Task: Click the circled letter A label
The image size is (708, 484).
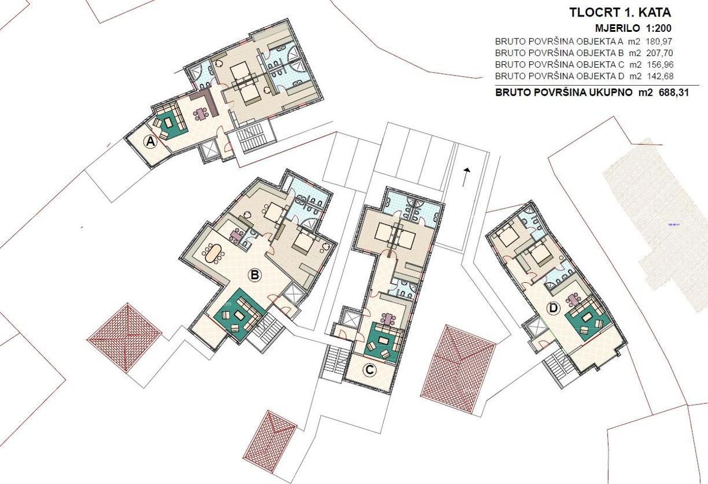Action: point(150,142)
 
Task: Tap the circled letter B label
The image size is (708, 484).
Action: point(255,275)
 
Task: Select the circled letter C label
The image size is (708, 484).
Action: point(369,371)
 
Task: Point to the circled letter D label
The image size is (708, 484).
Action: point(553,308)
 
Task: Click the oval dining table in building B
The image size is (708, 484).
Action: point(212,254)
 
